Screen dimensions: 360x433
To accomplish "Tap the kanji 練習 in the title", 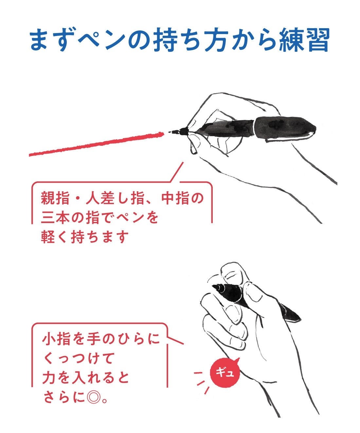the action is (x=304, y=39).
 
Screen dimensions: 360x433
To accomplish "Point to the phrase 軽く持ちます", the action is (x=83, y=237).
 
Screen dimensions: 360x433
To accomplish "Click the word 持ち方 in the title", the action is (x=191, y=39).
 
